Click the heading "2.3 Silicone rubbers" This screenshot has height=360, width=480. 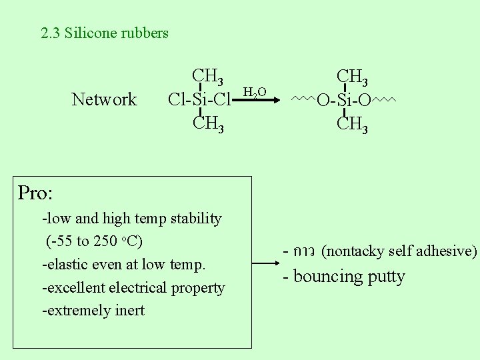pyautogui.click(x=105, y=33)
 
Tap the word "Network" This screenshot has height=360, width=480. pyautogui.click(x=104, y=100)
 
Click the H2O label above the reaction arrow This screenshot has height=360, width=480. pyautogui.click(x=255, y=92)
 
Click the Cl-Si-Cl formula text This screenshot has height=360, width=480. pyautogui.click(x=199, y=100)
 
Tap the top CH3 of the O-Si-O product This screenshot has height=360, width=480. pyautogui.click(x=352, y=77)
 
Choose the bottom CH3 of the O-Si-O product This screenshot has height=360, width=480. pyautogui.click(x=352, y=124)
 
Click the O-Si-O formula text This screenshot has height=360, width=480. pyautogui.click(x=343, y=101)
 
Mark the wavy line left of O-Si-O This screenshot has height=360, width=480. pyautogui.click(x=303, y=99)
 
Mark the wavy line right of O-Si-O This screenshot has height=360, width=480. pyautogui.click(x=384, y=99)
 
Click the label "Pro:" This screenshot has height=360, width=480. pyautogui.click(x=35, y=193)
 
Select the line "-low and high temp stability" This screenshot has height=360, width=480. pyautogui.click(x=132, y=219)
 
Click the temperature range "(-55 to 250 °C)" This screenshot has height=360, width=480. pyautogui.click(x=95, y=241)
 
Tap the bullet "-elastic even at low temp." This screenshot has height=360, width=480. pyautogui.click(x=124, y=265)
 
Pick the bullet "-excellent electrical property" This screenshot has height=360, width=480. pyautogui.click(x=133, y=288)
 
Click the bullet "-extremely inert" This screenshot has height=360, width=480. pyautogui.click(x=93, y=311)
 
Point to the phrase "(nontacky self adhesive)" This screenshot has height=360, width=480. pyautogui.click(x=399, y=251)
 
